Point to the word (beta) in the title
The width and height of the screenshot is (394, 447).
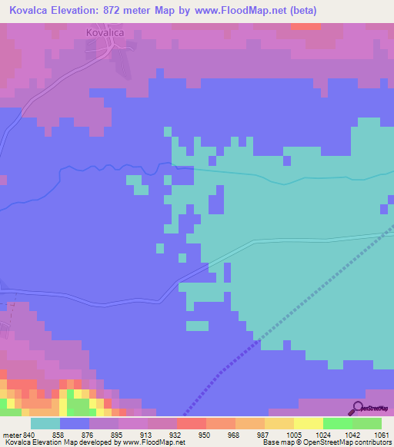[x=299, y=11]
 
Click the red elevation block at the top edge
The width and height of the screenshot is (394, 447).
[x=306, y=26]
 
